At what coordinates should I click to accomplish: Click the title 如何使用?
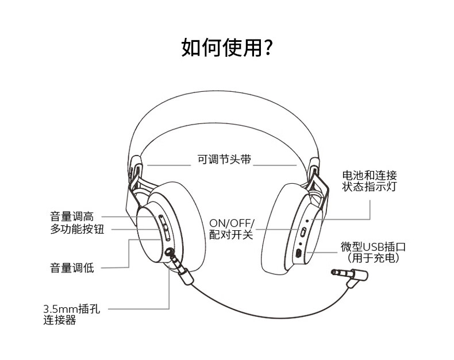pyautogui.click(x=226, y=48)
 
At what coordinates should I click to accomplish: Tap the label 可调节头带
pyautogui.click(x=224, y=159)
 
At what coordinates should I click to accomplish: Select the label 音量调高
pyautogui.click(x=72, y=216)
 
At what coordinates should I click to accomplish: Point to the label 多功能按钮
pyautogui.click(x=77, y=229)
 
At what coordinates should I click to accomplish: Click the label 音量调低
pyautogui.click(x=72, y=268)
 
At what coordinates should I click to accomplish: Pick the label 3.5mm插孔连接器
pyautogui.click(x=72, y=314)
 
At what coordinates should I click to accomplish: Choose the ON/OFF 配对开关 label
pyautogui.click(x=232, y=229)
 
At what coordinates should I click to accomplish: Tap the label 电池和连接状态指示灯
pyautogui.click(x=370, y=181)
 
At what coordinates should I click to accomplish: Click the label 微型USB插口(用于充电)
pyautogui.click(x=373, y=253)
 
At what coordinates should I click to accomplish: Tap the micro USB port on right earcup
pyautogui.click(x=299, y=253)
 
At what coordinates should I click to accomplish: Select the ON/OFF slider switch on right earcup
pyautogui.click(x=303, y=232)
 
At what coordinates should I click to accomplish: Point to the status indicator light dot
pyautogui.click(x=307, y=221)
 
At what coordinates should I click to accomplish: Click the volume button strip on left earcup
pyautogui.click(x=164, y=228)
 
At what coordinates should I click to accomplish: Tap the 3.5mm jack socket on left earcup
pyautogui.click(x=168, y=252)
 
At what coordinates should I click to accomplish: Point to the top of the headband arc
pyautogui.click(x=224, y=91)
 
